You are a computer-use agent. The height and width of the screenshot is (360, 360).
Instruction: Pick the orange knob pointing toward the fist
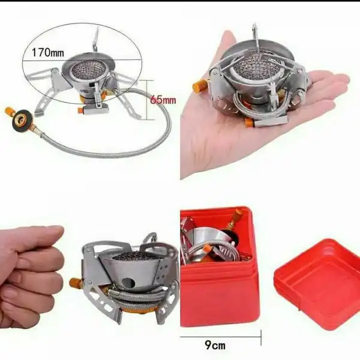pyautogui.click(x=74, y=283)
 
